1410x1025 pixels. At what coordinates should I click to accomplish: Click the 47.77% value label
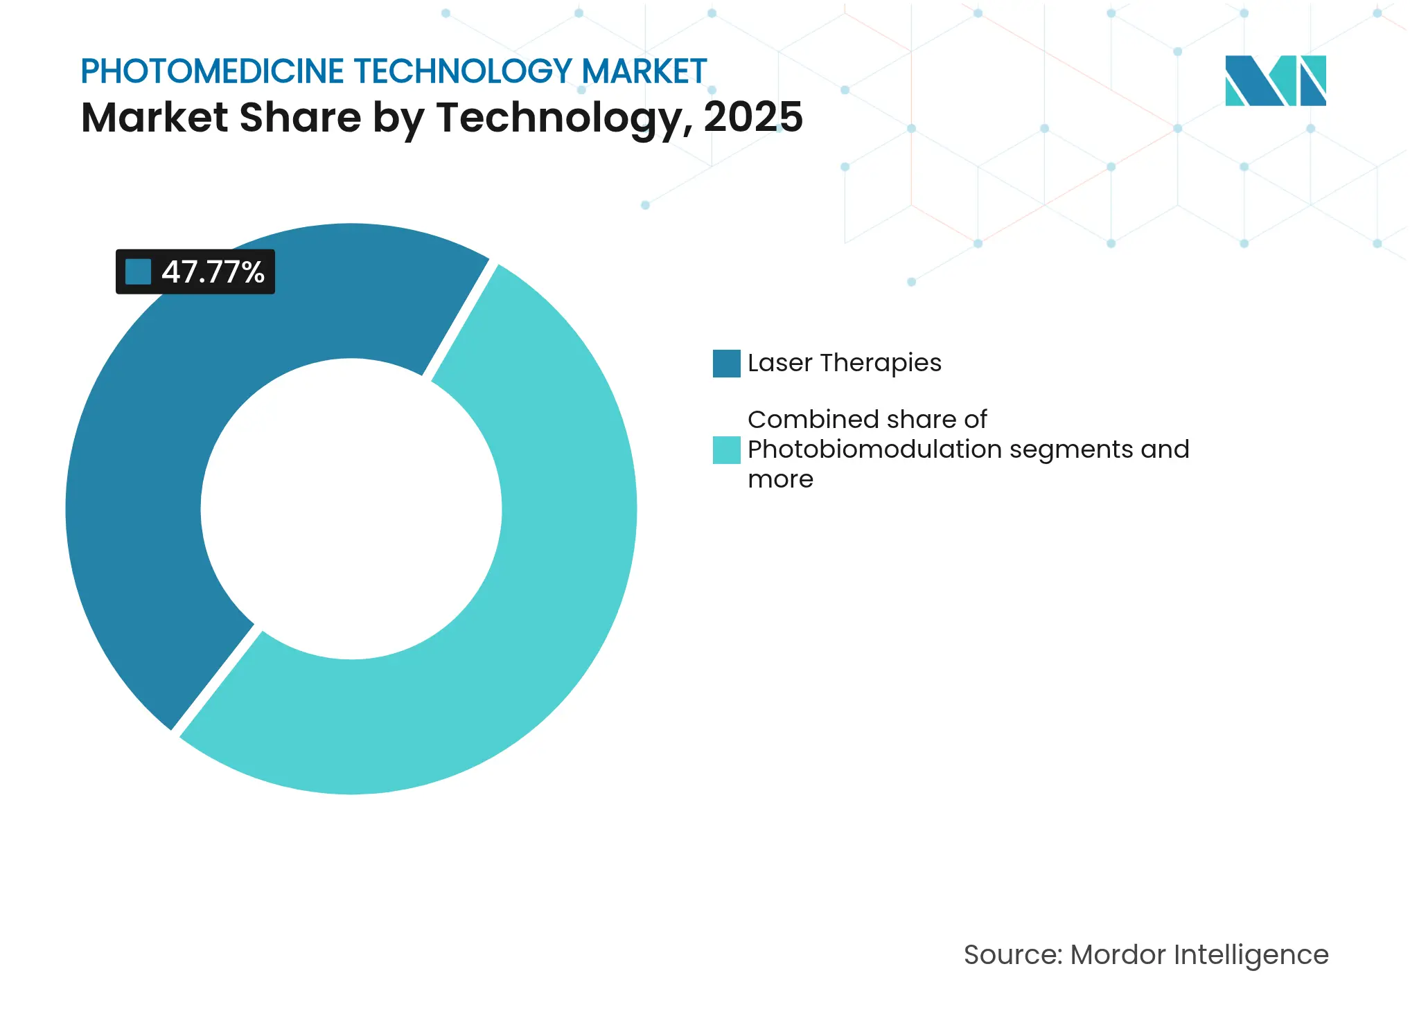212,272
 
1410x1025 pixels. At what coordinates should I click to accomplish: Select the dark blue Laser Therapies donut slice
173,416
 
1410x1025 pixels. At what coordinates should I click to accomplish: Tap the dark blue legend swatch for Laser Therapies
726,364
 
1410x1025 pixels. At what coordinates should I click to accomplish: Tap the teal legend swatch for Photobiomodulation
726,450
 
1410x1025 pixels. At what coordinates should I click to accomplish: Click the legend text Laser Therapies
844,363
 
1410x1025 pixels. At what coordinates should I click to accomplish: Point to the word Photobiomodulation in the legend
874,449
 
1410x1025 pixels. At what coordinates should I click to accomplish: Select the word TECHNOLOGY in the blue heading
463,71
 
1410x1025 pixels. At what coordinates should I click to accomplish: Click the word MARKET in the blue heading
644,71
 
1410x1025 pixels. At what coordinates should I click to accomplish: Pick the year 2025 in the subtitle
753,117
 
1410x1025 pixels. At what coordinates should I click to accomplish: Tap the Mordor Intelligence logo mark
1275,81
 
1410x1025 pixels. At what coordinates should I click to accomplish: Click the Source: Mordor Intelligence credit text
1145,954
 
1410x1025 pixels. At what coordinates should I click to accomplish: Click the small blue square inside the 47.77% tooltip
138,272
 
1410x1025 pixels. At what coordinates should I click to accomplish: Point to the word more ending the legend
780,479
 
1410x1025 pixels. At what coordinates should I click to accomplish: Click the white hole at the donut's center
351,509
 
